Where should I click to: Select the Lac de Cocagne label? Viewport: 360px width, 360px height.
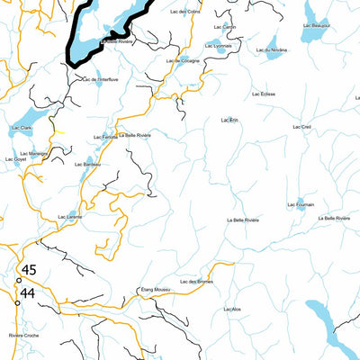click(x=184, y=60)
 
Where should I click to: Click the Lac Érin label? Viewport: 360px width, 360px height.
click(x=229, y=119)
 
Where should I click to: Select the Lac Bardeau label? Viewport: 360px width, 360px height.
click(x=86, y=165)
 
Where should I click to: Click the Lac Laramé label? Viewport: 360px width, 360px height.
click(x=69, y=216)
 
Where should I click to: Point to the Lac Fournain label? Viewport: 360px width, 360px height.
click(x=301, y=205)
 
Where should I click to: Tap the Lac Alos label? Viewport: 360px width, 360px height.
click(x=230, y=310)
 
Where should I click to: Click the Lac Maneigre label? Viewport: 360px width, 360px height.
click(x=32, y=154)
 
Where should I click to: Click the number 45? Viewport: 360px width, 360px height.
click(x=29, y=270)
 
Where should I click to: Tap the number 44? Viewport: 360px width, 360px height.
click(x=28, y=292)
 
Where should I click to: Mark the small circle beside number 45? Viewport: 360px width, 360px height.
click(x=18, y=280)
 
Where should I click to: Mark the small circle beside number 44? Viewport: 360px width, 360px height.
click(x=17, y=302)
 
